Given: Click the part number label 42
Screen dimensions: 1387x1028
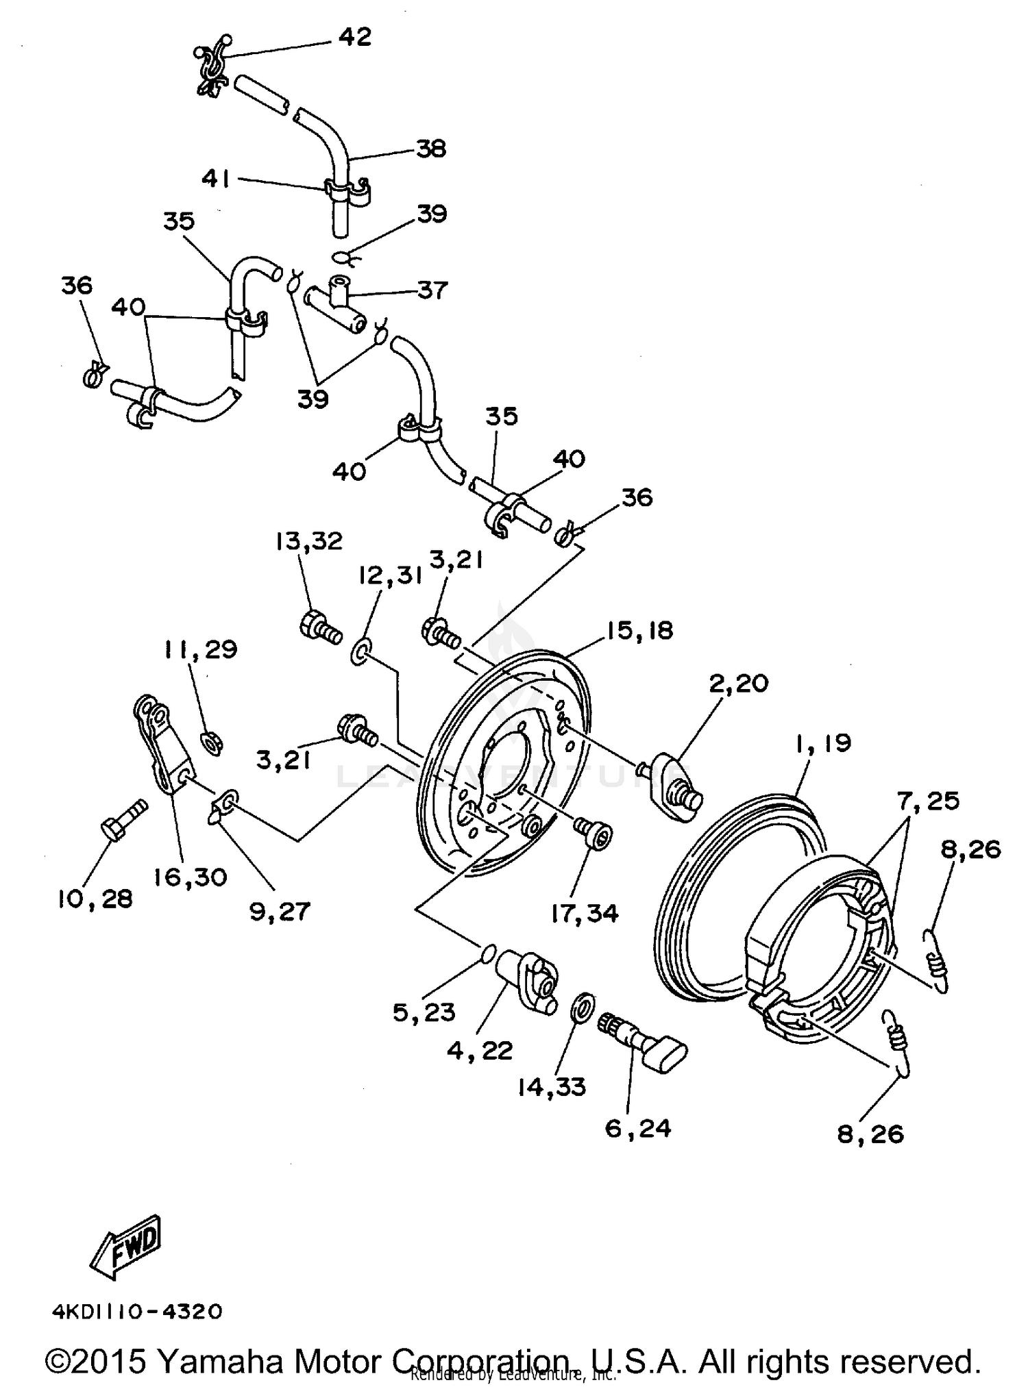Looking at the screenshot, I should point(354,37).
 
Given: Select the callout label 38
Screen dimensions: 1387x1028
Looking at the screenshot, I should point(431,149).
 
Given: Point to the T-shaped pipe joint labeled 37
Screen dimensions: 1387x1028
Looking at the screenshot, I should point(336,305).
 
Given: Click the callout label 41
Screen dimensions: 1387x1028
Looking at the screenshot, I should point(215,179).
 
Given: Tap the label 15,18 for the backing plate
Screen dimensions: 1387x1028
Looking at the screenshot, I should point(639,631).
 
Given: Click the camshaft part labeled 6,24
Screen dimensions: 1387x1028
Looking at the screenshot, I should point(644,1041).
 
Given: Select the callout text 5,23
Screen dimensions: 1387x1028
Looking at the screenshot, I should point(424,1012).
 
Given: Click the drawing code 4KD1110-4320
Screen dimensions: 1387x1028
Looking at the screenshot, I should point(138,1312).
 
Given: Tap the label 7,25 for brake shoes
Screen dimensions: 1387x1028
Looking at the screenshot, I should point(929,801).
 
